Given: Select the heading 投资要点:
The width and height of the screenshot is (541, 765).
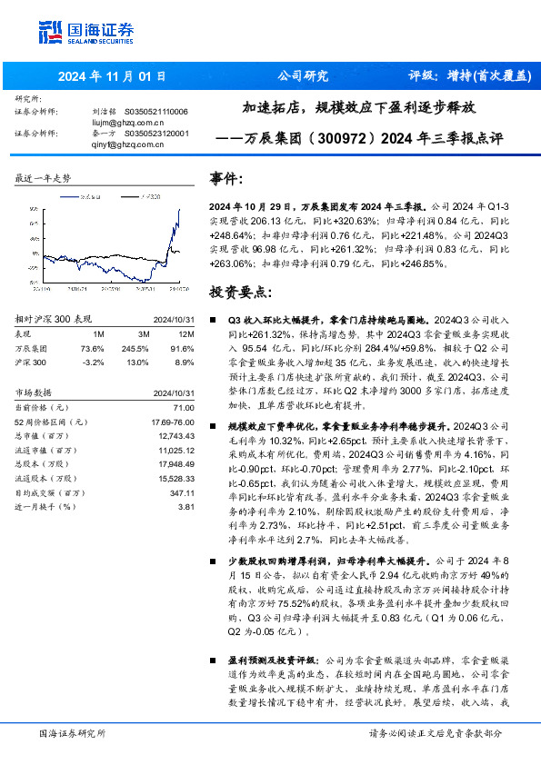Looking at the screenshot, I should (240, 293).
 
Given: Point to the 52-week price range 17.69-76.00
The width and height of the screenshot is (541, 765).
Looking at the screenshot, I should (172, 422).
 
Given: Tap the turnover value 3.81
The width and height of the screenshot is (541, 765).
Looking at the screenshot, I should (188, 506).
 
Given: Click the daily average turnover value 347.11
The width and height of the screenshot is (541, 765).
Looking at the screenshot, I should (184, 492).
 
